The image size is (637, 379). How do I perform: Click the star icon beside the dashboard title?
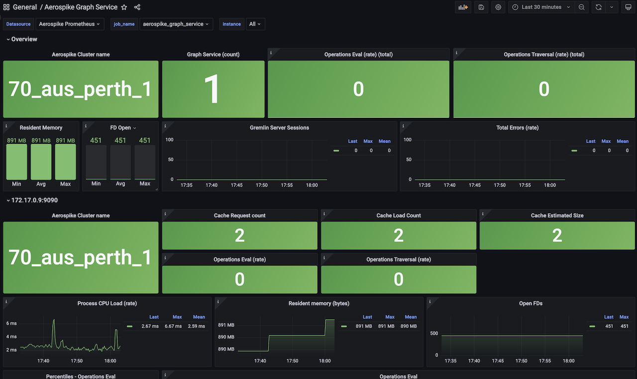[124, 7]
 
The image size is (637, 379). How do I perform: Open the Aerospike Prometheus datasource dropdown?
[69, 24]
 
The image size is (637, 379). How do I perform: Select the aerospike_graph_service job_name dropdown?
[176, 24]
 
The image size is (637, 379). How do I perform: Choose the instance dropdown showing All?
[255, 24]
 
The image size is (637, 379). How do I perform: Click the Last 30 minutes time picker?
[541, 7]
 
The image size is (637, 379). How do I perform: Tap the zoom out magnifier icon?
[581, 7]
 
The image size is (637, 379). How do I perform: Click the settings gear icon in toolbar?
[498, 7]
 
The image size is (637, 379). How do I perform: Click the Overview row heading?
[24, 39]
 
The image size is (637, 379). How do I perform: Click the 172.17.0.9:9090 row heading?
[34, 200]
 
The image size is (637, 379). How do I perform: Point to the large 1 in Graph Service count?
[213, 90]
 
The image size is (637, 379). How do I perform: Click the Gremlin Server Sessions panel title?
[279, 128]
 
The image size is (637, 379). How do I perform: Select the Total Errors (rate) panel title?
[518, 128]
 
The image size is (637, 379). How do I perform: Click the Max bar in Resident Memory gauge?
[65, 162]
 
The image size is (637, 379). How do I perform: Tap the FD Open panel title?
[120, 128]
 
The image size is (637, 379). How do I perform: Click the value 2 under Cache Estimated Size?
[557, 236]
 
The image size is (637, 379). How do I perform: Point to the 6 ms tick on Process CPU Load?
[11, 323]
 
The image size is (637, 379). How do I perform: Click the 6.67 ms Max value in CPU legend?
[173, 326]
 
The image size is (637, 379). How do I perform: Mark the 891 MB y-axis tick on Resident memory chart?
[226, 325]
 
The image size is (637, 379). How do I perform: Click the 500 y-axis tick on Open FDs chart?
[434, 333]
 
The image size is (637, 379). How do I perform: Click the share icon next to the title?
[137, 7]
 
